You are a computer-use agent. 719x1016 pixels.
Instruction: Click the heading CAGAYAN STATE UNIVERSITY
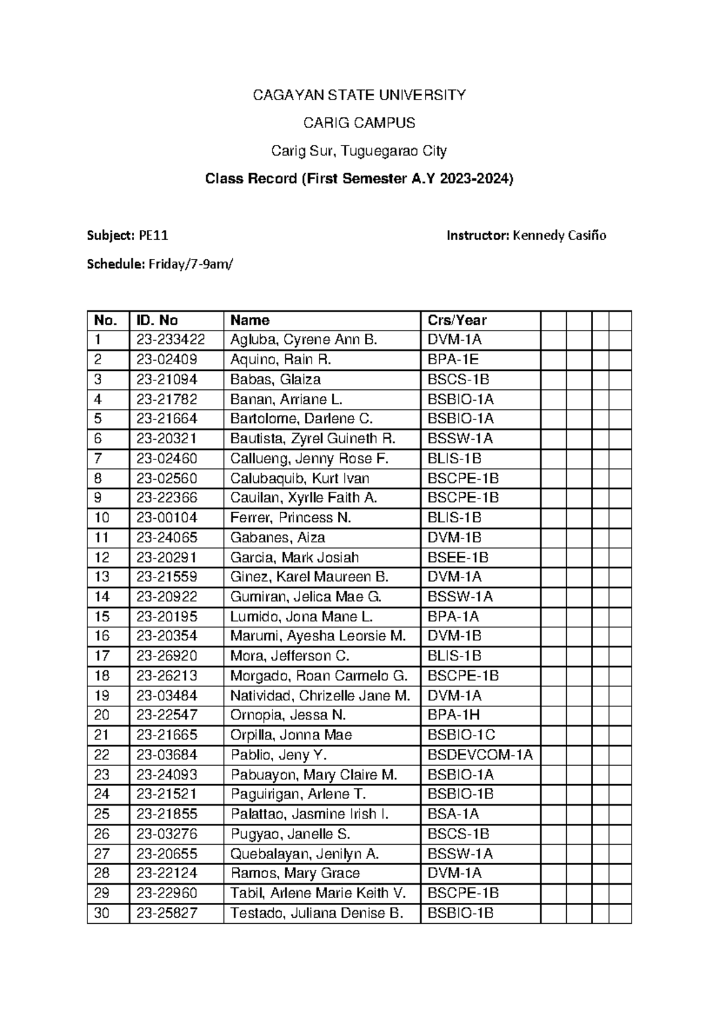[x=359, y=95]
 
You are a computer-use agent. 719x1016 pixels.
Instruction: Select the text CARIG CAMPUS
[x=359, y=123]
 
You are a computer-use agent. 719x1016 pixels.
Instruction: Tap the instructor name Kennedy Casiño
[x=558, y=236]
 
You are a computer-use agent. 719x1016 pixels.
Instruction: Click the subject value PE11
[x=153, y=236]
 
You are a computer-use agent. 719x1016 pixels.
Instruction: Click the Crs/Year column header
[x=457, y=320]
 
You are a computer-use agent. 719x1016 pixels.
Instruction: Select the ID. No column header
[x=157, y=320]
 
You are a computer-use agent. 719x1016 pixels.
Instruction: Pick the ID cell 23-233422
[x=171, y=340]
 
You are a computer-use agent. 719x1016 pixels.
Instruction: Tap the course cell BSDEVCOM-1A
[x=480, y=755]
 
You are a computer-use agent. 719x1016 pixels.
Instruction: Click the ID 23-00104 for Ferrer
[x=167, y=518]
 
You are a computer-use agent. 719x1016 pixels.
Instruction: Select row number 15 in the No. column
[x=102, y=617]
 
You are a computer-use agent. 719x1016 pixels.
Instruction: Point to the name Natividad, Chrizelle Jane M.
[x=320, y=696]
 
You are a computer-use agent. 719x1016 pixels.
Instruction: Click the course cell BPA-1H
[x=454, y=716]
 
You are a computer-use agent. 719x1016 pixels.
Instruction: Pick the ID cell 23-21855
[x=167, y=815]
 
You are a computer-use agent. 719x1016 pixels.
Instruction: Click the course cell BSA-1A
[x=453, y=815]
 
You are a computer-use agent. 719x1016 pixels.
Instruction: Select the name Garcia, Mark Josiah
[x=294, y=558]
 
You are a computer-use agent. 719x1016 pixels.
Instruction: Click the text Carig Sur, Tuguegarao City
[x=359, y=151]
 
